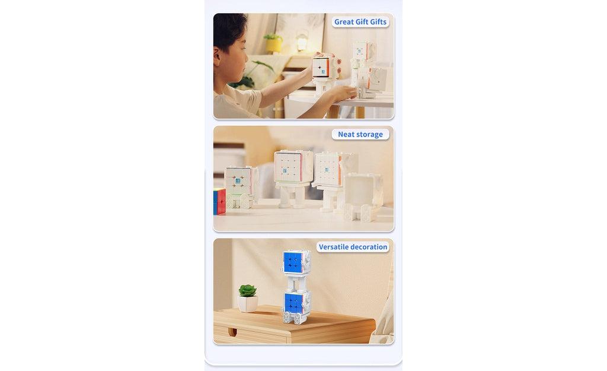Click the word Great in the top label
343,22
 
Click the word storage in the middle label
369,134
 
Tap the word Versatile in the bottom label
334,247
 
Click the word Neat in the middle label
346,134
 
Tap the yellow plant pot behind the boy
273,45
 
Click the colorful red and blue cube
219,202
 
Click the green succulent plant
247,291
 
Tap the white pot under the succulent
248,303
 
